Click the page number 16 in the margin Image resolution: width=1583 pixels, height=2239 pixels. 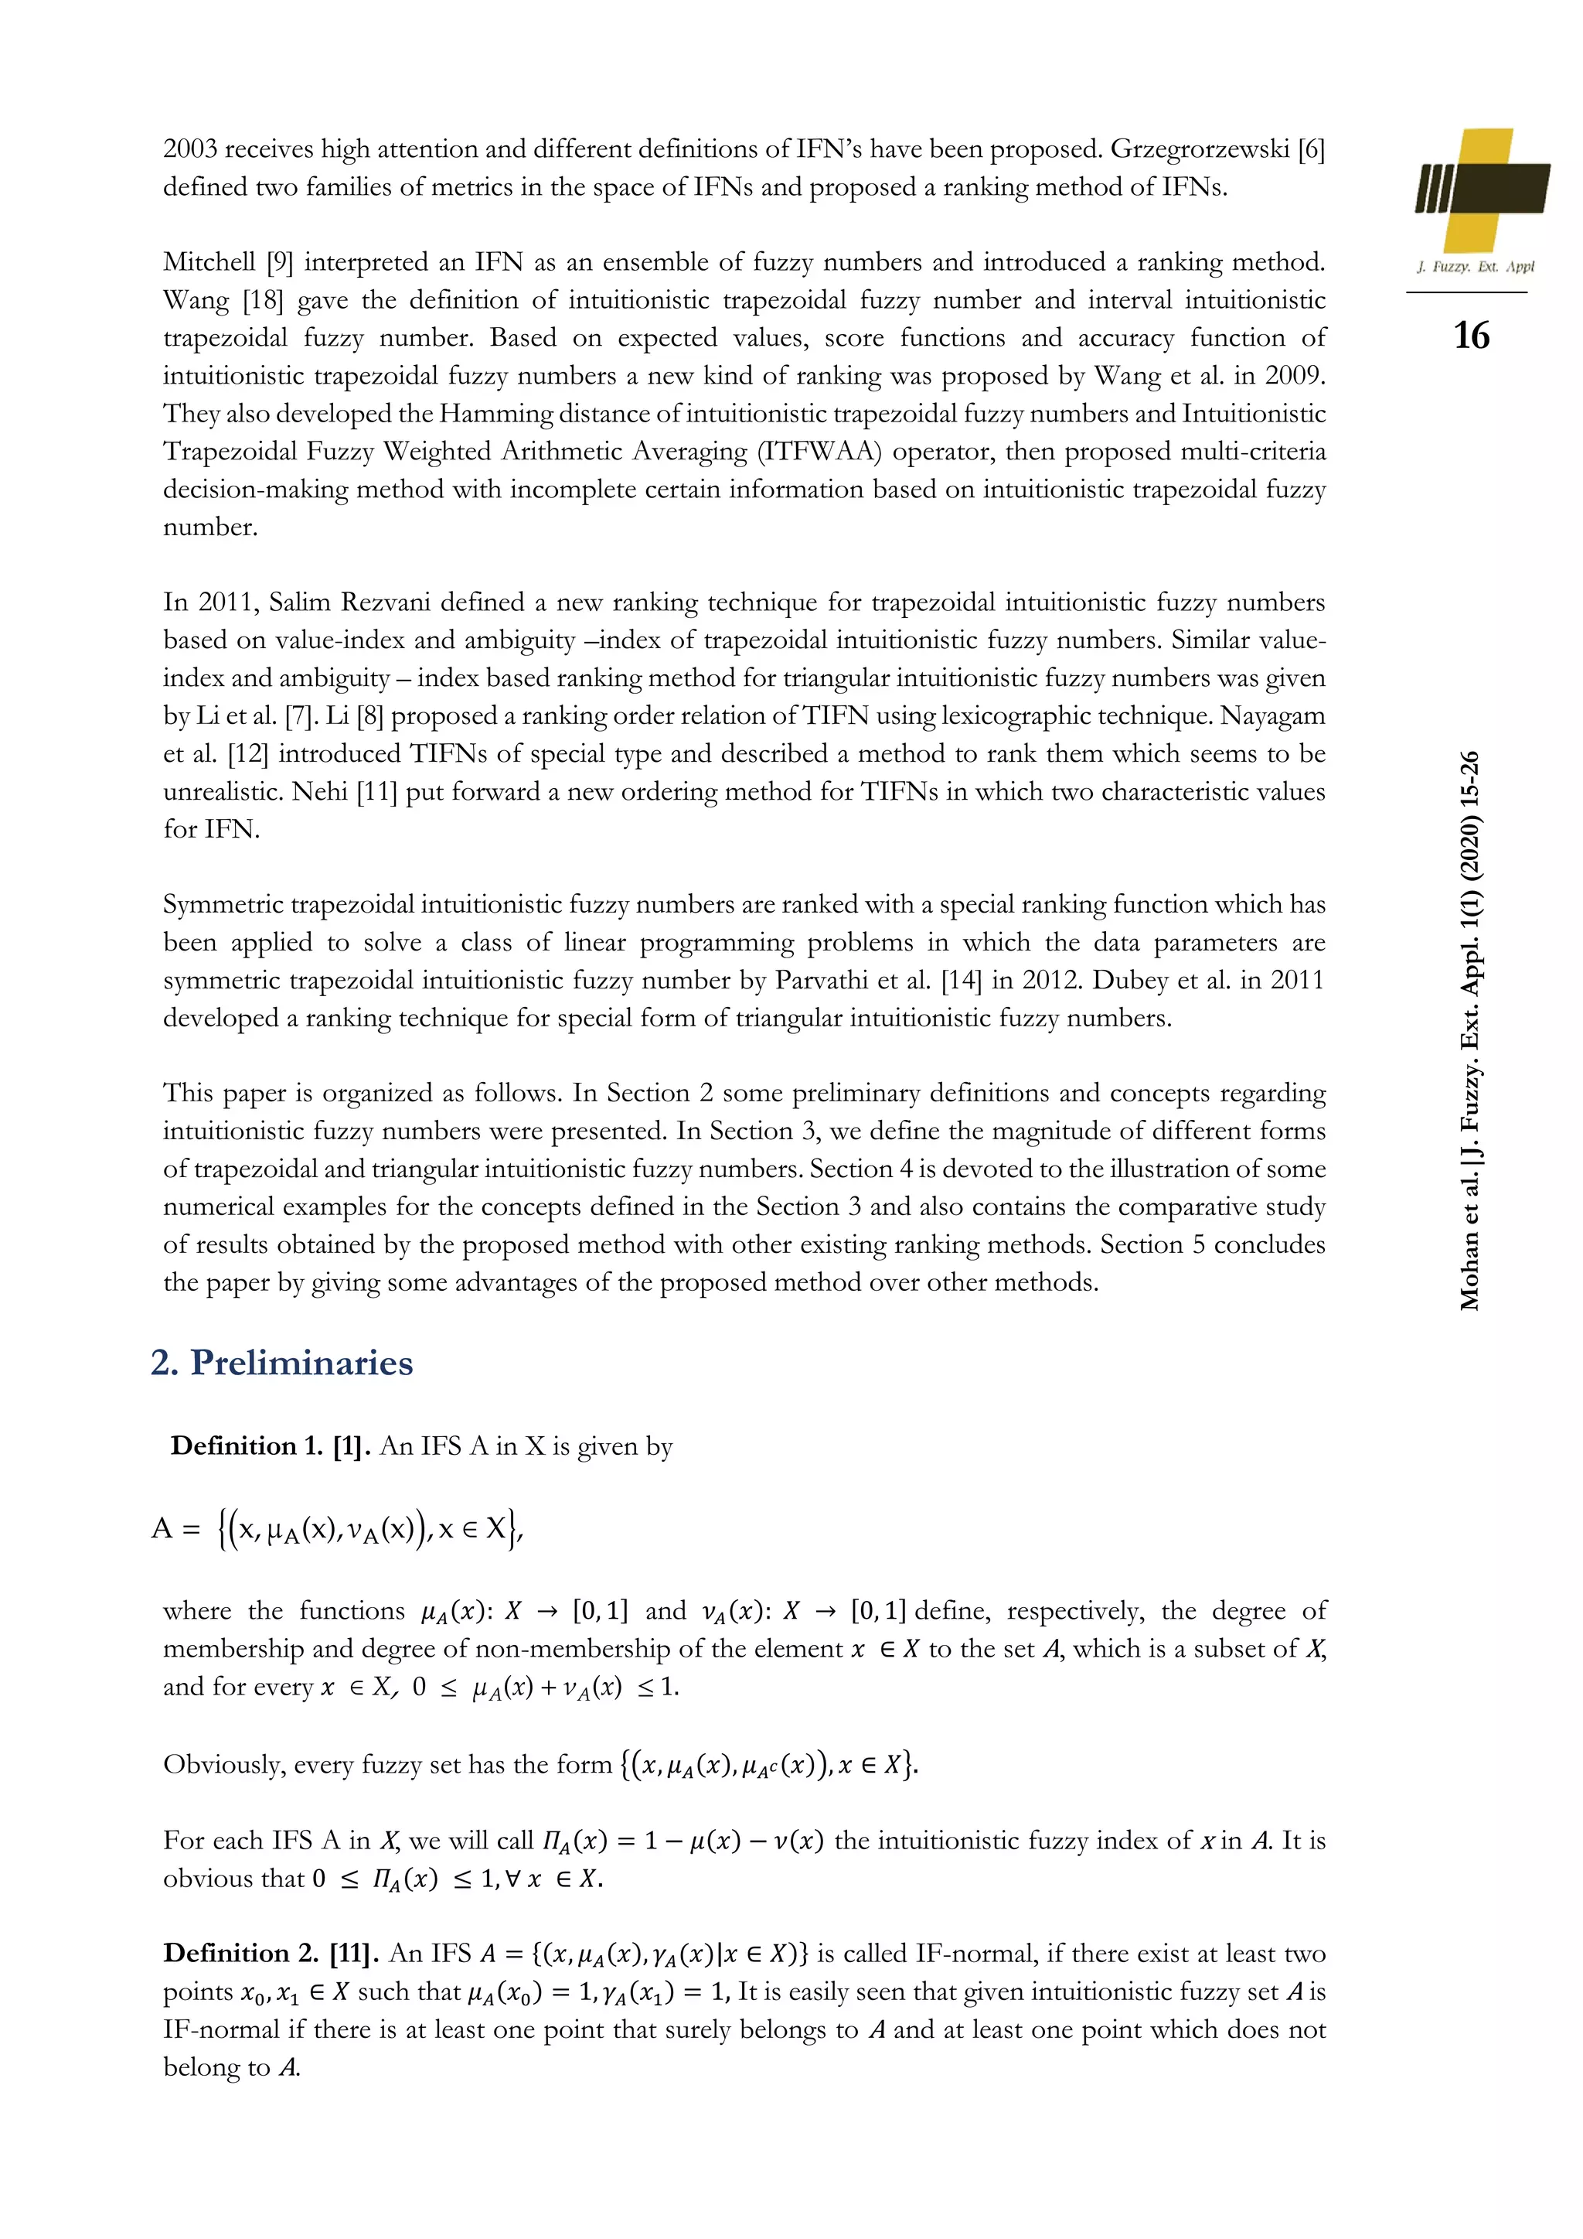tap(1471, 336)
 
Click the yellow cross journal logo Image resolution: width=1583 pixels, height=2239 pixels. tap(1482, 190)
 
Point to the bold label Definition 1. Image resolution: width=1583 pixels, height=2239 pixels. tap(246, 1445)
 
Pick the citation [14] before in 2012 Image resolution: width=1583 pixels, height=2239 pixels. tap(962, 980)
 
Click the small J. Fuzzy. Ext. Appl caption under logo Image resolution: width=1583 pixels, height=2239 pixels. tap(1474, 266)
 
